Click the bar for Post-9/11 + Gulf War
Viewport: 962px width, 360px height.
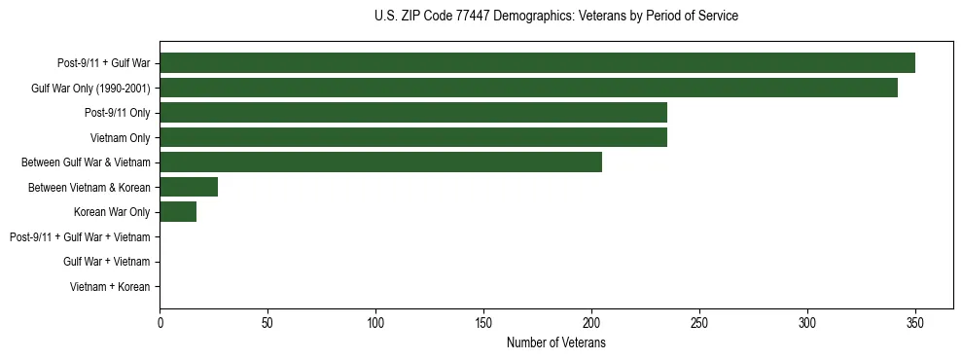click(x=537, y=63)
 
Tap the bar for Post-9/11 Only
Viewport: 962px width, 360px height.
click(x=413, y=113)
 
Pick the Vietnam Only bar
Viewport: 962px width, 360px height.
click(x=413, y=137)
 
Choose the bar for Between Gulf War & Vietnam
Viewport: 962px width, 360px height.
click(x=380, y=162)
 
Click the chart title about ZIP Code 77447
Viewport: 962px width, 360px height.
click(x=555, y=17)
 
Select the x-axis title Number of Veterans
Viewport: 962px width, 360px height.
click(x=555, y=343)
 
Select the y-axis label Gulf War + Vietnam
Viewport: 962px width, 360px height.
click(x=106, y=262)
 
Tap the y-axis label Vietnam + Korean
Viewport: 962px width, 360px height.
click(x=110, y=286)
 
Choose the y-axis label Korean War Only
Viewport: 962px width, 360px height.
click(x=112, y=212)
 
